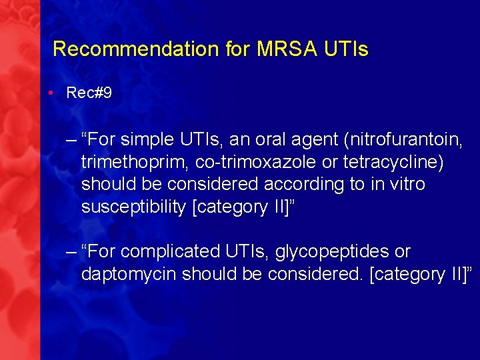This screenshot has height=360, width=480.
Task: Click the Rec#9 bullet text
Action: click(x=89, y=93)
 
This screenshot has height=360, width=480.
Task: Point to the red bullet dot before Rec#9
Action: click(x=51, y=93)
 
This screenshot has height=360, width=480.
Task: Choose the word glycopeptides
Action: click(x=333, y=252)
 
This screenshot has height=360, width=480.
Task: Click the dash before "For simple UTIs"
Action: click(x=71, y=140)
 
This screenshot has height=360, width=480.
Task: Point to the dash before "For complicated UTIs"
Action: click(x=71, y=252)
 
